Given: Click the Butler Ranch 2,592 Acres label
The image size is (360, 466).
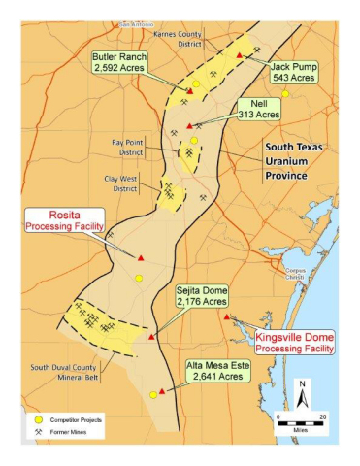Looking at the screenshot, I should point(119,63).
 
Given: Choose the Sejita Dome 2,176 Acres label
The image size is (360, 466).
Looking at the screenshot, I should point(200,296).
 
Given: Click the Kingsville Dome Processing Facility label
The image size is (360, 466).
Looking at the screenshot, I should point(294,340).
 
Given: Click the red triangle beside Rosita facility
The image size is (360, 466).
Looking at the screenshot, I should point(141,257).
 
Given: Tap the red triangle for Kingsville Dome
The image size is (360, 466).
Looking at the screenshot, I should point(226,317).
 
